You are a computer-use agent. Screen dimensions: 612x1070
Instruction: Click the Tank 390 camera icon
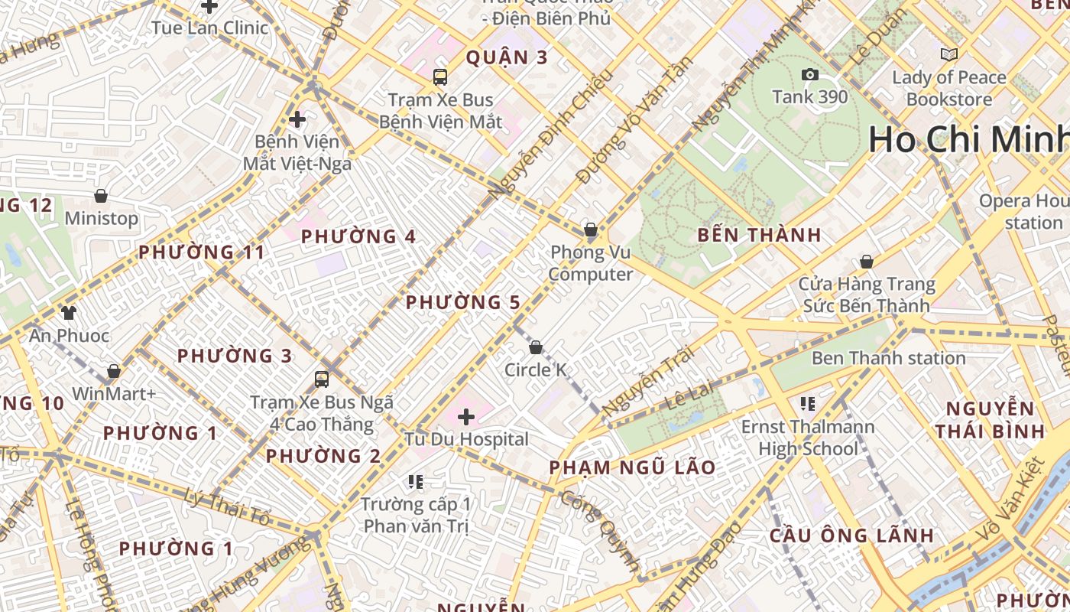coord(809,74)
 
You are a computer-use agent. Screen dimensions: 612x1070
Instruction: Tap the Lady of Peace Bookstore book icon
coord(948,54)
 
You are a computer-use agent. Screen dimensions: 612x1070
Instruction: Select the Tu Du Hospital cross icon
coord(466,417)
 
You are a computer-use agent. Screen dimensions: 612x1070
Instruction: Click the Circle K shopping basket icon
coord(536,347)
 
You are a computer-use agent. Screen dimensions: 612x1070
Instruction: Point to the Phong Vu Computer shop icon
coord(590,229)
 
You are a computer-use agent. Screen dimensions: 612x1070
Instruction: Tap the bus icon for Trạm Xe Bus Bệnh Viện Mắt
coord(440,76)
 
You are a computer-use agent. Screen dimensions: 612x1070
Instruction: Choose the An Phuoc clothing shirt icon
coord(69,312)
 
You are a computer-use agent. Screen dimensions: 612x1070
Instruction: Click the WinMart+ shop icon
coord(114,371)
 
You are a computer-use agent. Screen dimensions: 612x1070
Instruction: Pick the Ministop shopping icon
coord(101,196)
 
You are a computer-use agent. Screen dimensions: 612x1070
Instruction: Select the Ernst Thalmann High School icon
coord(808,403)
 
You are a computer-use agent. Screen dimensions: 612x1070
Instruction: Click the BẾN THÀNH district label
coord(759,235)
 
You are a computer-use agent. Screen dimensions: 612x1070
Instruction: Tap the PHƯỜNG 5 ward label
coord(462,302)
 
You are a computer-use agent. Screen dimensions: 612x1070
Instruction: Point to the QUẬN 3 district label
coord(507,57)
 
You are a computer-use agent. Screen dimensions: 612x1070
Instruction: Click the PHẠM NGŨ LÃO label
coord(632,467)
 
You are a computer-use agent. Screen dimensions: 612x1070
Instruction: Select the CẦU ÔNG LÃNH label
coord(851,535)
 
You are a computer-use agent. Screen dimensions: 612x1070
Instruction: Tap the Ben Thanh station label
coord(888,358)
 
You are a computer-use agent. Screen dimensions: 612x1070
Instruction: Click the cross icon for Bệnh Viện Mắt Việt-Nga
coord(297,119)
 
